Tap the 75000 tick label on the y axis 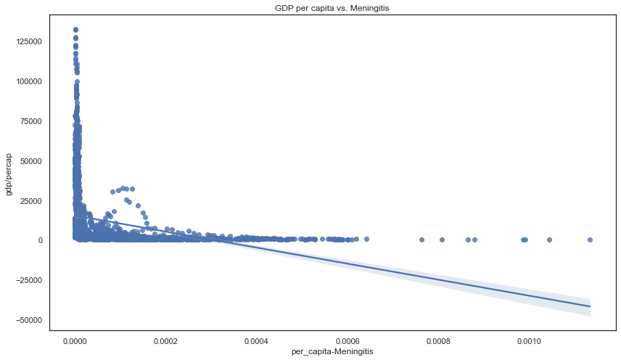tap(30, 120)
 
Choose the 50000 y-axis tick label tap(30, 160)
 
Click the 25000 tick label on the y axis tap(30, 200)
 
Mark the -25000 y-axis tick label tap(28, 280)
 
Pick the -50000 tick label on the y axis tap(28, 320)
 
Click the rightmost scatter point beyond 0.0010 tap(590, 240)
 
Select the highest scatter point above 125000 tap(75, 30)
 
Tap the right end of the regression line tap(590, 306)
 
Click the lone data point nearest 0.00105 tap(549, 240)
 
